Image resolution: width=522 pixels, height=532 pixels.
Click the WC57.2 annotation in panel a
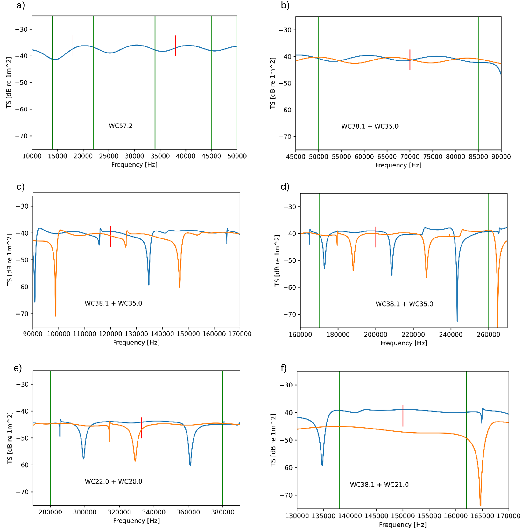click(x=121, y=126)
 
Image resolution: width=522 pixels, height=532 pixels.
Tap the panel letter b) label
click(x=285, y=5)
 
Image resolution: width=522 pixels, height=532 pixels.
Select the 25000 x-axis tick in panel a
click(x=109, y=156)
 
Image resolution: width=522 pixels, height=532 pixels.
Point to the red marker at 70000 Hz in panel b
click(x=410, y=60)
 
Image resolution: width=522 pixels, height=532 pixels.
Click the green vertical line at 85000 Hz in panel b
click(x=478, y=83)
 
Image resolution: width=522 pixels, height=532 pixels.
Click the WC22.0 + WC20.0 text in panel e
click(x=113, y=481)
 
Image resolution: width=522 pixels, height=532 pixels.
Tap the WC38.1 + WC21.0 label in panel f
click(x=379, y=485)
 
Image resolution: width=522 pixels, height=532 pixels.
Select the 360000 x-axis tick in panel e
click(x=188, y=512)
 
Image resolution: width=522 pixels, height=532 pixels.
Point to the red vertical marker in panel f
click(x=403, y=415)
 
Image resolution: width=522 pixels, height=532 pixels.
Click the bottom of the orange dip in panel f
click(x=480, y=505)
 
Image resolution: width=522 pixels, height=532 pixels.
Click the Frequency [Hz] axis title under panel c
click(x=136, y=343)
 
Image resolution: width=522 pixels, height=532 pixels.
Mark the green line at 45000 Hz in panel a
click(x=211, y=83)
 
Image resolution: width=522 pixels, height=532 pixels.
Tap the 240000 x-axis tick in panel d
click(x=451, y=335)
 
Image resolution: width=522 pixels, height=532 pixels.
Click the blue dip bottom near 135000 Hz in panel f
click(x=322, y=465)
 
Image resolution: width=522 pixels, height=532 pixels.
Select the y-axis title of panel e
click(x=10, y=438)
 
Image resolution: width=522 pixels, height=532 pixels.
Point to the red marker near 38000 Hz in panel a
click(x=175, y=46)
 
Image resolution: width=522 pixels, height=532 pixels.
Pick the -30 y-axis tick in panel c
click(x=22, y=206)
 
